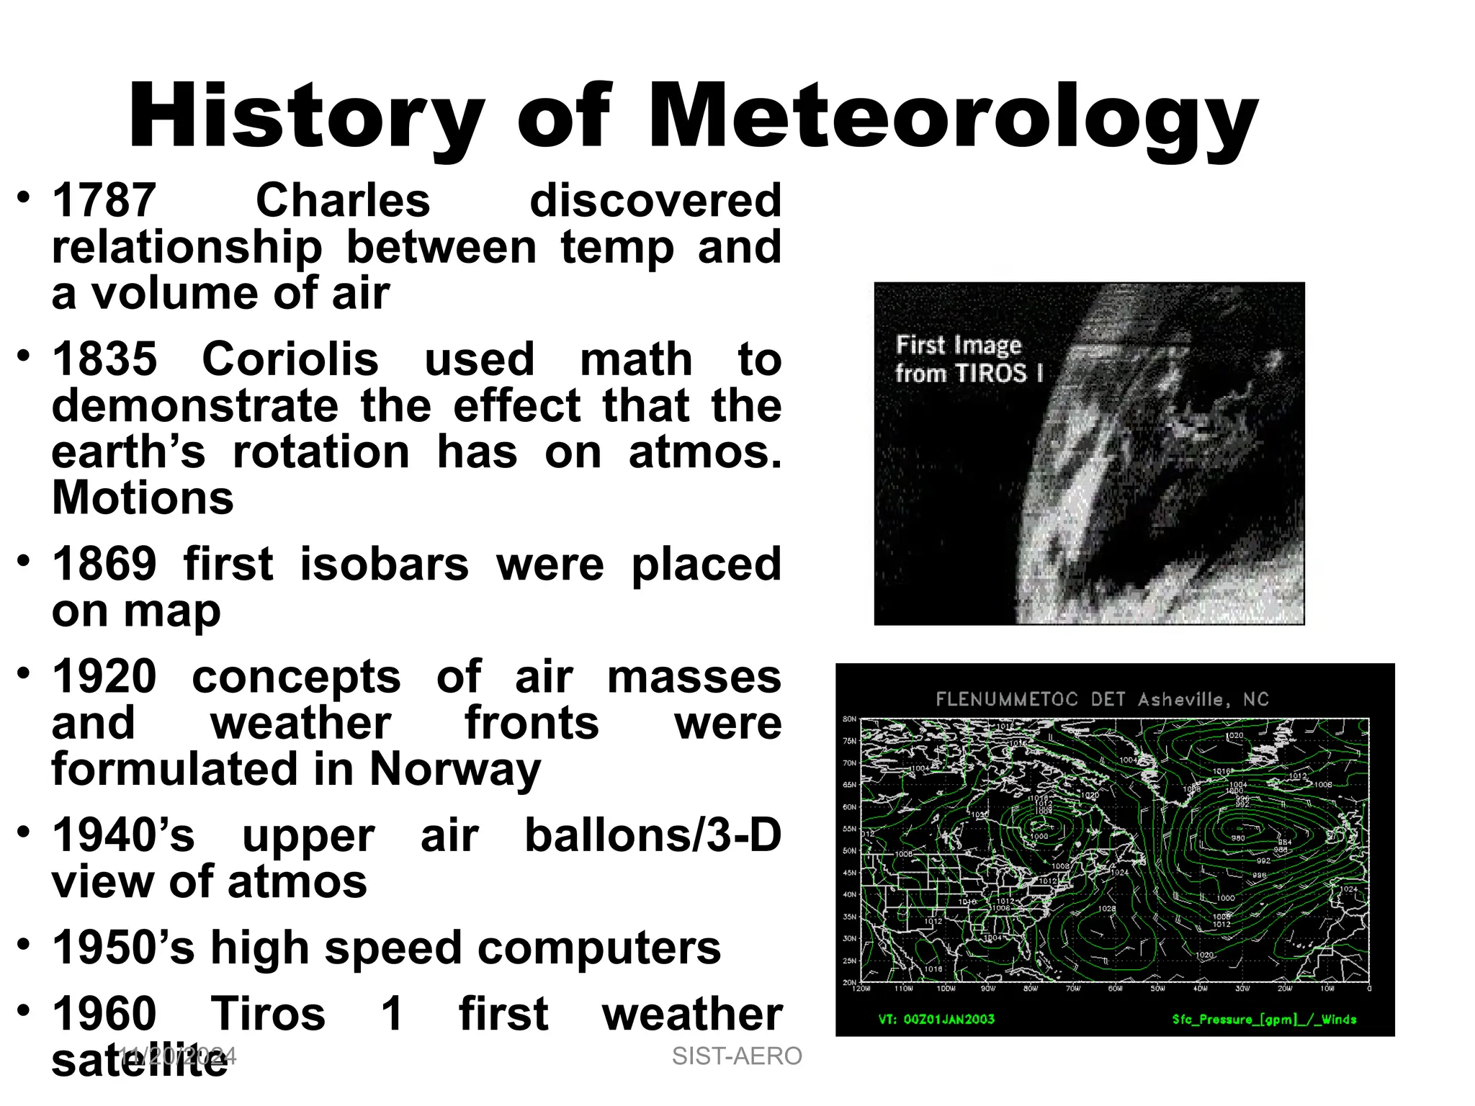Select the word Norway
pos(454,770)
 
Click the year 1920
pos(104,677)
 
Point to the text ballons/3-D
pos(653,835)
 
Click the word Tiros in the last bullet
pos(268,1014)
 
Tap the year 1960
pos(104,1014)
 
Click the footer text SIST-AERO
pos(737,1056)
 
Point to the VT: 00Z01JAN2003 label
pos(936,1019)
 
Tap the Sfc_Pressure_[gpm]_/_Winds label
pos(1264,1019)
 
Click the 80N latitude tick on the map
pos(849,719)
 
